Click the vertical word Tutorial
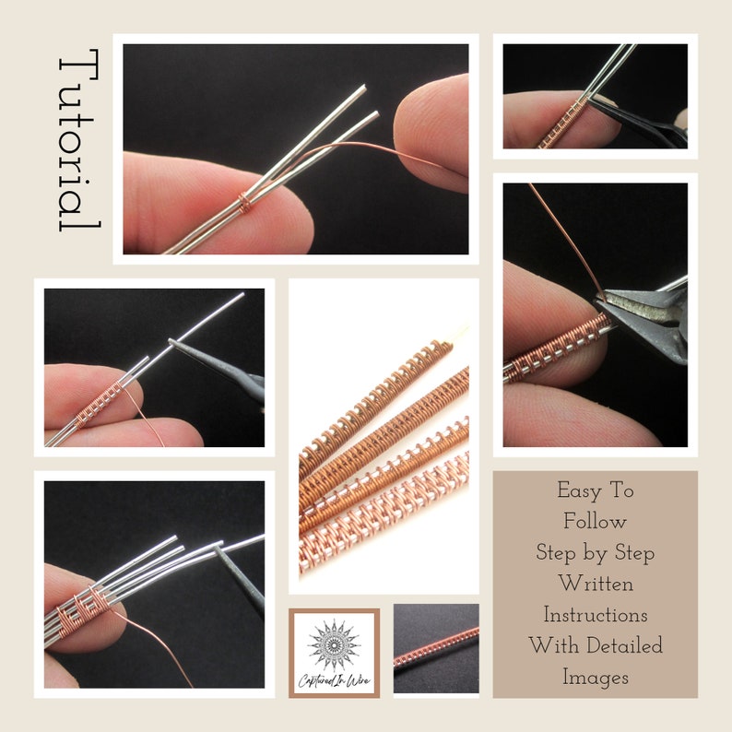point(78,143)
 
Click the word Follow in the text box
point(596,522)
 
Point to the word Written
point(596,584)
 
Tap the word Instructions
point(596,615)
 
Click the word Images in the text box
point(596,677)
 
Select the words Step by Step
point(596,553)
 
